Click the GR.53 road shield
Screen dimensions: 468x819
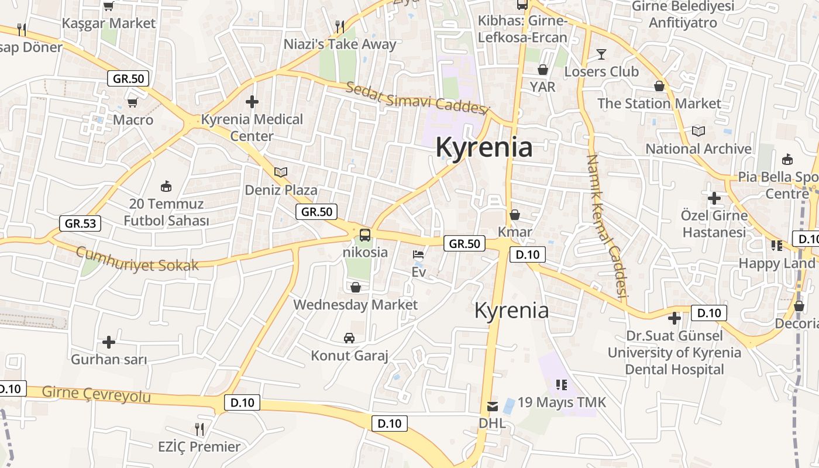(x=80, y=223)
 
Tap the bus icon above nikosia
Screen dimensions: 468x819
(x=364, y=235)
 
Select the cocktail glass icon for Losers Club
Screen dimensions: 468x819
(x=601, y=54)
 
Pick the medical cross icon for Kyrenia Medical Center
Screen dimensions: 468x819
(x=252, y=102)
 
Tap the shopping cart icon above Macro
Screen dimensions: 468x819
(x=133, y=102)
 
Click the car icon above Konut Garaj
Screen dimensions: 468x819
(x=349, y=338)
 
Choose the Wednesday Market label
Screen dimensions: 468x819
(x=355, y=305)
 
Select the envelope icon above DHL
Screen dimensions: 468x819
(x=493, y=406)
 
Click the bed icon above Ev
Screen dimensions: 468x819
(x=419, y=255)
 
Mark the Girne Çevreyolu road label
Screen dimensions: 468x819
(x=97, y=395)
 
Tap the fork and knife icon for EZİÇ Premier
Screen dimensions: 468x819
(x=199, y=429)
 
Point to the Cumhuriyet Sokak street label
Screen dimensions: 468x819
(x=137, y=259)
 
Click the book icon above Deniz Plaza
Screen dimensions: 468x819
(x=281, y=172)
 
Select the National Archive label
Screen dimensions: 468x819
(x=698, y=149)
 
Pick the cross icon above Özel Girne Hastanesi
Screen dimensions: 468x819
(x=714, y=198)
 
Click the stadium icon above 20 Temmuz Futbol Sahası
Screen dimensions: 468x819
(x=166, y=187)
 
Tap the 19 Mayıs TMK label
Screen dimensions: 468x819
(x=562, y=402)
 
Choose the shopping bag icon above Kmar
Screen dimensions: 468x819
(x=515, y=215)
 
